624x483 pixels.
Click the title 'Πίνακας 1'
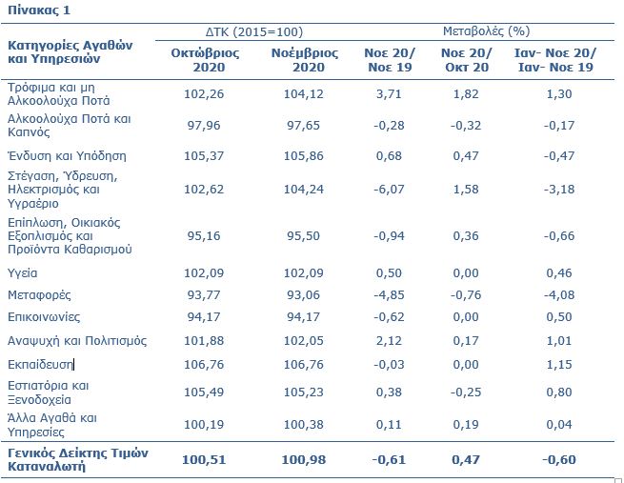[39, 10]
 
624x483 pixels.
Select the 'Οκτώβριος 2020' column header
[206, 60]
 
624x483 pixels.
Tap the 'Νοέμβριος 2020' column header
[305, 60]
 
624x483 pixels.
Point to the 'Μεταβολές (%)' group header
[486, 31]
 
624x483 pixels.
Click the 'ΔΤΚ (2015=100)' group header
[254, 31]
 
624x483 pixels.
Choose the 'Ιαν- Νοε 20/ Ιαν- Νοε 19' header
[555, 60]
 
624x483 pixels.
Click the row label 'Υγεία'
[23, 273]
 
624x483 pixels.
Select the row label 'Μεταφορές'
[39, 295]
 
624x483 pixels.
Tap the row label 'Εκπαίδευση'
[40, 365]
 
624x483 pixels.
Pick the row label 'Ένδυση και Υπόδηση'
[67, 155]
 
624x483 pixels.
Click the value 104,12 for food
[304, 94]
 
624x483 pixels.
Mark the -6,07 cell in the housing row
[389, 189]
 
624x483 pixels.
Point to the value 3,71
[389, 94]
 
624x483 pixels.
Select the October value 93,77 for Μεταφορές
[204, 295]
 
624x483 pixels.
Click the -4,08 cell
[559, 295]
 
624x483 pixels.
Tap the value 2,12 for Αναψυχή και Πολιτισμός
[389, 341]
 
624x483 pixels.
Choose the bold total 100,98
[304, 460]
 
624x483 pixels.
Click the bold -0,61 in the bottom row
[389, 460]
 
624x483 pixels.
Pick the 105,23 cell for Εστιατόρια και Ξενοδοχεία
[304, 392]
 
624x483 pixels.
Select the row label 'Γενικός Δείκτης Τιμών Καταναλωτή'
[78, 459]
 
